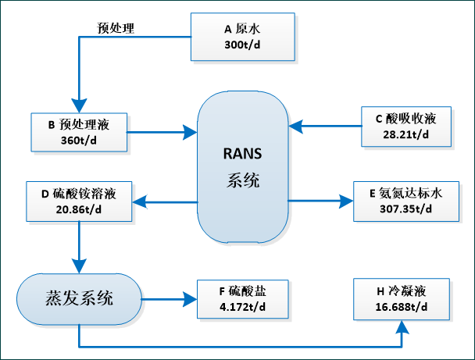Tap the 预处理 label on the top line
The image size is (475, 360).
pos(116,29)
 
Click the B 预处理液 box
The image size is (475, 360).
pos(79,133)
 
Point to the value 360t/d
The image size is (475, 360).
pos(79,141)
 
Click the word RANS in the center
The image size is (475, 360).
pos(242,151)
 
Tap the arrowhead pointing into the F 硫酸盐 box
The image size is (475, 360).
pos(191,298)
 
